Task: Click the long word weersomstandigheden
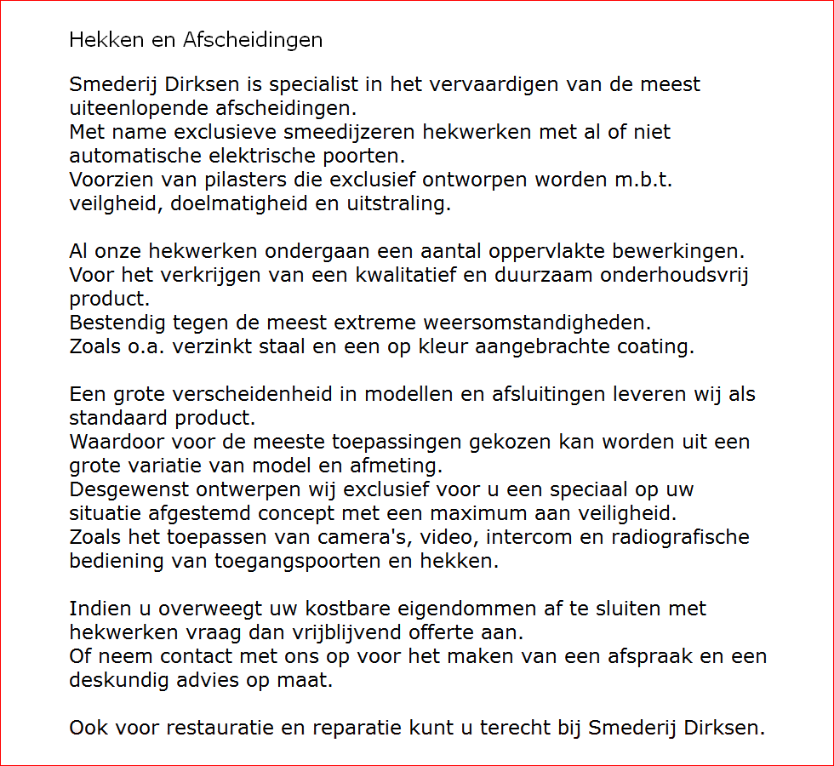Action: point(530,323)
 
